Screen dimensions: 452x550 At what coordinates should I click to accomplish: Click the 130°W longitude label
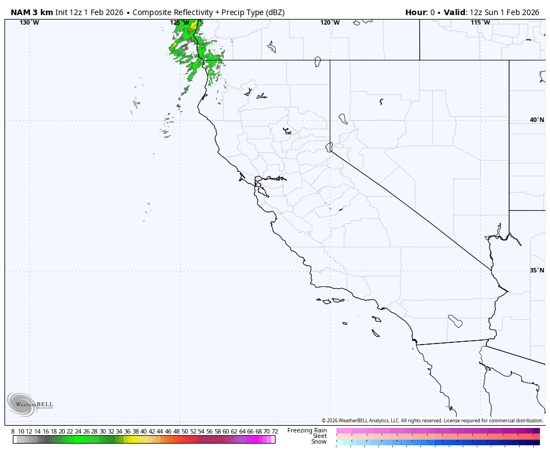29,22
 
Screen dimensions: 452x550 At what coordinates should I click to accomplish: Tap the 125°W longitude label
179,22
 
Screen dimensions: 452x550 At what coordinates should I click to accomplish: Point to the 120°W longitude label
330,22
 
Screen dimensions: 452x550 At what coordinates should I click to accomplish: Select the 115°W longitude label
480,22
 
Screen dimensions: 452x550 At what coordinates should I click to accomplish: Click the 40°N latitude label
537,120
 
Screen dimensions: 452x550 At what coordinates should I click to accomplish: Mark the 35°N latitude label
537,270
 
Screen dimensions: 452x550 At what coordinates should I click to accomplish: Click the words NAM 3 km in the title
32,12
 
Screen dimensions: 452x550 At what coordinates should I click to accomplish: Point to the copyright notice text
432,421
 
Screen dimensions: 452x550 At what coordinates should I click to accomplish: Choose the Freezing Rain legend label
307,430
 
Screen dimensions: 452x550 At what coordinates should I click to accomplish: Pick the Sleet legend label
319,436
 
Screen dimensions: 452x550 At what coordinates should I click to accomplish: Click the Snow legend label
319,441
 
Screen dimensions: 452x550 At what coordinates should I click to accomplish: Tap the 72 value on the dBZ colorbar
274,431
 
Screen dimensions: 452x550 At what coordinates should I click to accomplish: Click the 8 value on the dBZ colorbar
13,431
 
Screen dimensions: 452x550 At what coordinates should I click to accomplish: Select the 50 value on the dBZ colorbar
184,431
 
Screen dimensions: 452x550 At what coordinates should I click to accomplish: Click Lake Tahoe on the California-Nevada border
329,147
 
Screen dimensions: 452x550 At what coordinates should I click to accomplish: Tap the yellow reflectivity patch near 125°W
193,26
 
